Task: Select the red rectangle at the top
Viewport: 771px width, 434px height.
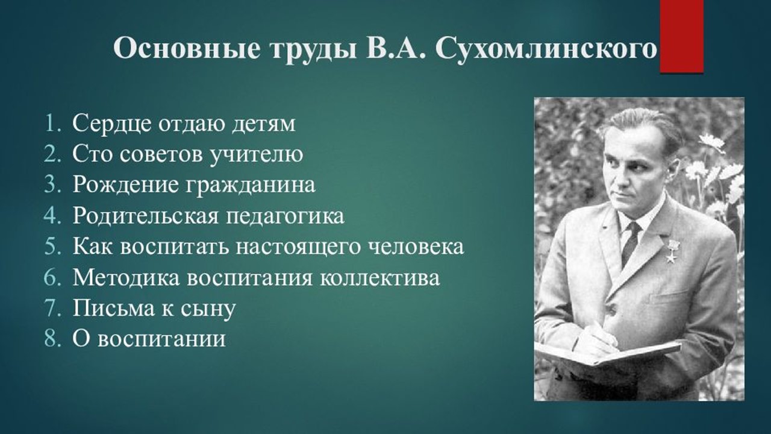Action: (681, 36)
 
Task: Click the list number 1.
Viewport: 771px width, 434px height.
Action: (53, 124)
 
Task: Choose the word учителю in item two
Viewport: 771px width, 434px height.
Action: (256, 155)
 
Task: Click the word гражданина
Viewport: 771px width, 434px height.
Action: (251, 186)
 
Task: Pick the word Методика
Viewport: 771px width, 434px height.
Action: (126, 278)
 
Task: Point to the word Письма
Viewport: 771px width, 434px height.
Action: (113, 309)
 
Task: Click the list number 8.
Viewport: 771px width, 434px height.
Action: (53, 339)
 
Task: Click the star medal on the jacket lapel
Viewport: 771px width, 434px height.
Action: (671, 251)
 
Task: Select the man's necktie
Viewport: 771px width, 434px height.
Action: (631, 242)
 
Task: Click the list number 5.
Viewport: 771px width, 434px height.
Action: (53, 247)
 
